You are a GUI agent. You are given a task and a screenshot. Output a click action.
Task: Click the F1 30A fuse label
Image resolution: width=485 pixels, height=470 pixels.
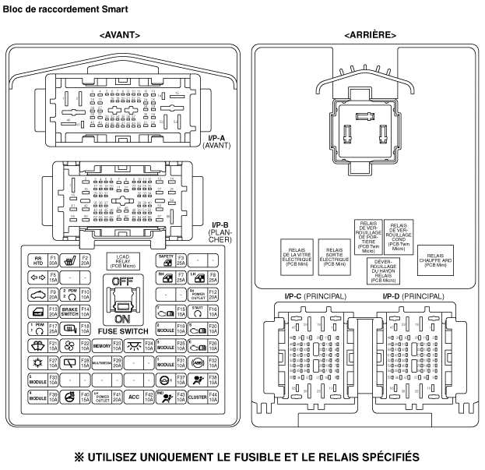pos(54,260)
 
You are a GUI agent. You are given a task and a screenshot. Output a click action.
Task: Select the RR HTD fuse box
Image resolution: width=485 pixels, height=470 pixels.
pos(37,260)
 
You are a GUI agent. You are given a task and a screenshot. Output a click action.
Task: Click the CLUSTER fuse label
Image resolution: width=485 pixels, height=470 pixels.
pos(196,396)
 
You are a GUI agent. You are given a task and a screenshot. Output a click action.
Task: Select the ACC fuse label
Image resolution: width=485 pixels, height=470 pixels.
pos(134,396)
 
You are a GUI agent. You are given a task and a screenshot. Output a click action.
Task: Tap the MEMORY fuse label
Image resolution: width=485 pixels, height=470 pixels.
pos(102,345)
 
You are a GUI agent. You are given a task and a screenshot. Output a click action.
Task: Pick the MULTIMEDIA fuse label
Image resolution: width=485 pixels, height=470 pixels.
pos(102,362)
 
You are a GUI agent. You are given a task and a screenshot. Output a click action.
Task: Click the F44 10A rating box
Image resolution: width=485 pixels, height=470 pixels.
pos(213,396)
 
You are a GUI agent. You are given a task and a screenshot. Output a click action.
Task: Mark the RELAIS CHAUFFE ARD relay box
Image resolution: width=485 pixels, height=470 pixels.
pos(436,260)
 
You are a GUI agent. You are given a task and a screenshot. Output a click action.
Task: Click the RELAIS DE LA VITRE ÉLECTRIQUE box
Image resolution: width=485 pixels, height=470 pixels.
pos(297,258)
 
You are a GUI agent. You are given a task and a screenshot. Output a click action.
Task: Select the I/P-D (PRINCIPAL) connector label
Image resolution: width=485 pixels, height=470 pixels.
pos(413,296)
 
